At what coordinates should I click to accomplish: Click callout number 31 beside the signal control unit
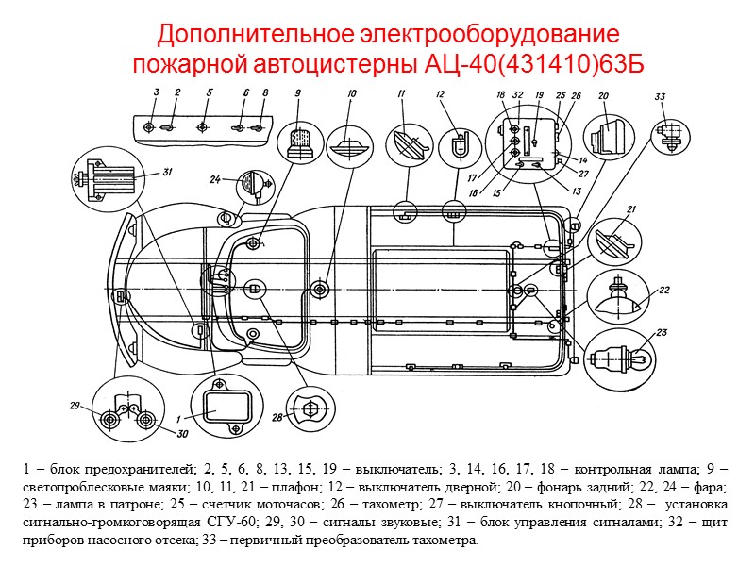[166, 172]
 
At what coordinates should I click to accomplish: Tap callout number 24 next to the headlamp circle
[215, 178]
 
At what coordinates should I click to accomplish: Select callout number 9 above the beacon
[297, 92]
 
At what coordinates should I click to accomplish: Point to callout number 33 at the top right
[660, 96]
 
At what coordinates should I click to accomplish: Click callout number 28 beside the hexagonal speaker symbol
[277, 416]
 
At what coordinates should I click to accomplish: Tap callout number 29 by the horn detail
[74, 406]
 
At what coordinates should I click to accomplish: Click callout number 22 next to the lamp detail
[664, 290]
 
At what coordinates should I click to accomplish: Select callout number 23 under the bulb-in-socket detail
[662, 332]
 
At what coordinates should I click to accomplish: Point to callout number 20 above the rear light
[602, 94]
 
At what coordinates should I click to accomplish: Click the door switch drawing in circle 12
[455, 145]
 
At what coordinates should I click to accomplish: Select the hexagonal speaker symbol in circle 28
[306, 411]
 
